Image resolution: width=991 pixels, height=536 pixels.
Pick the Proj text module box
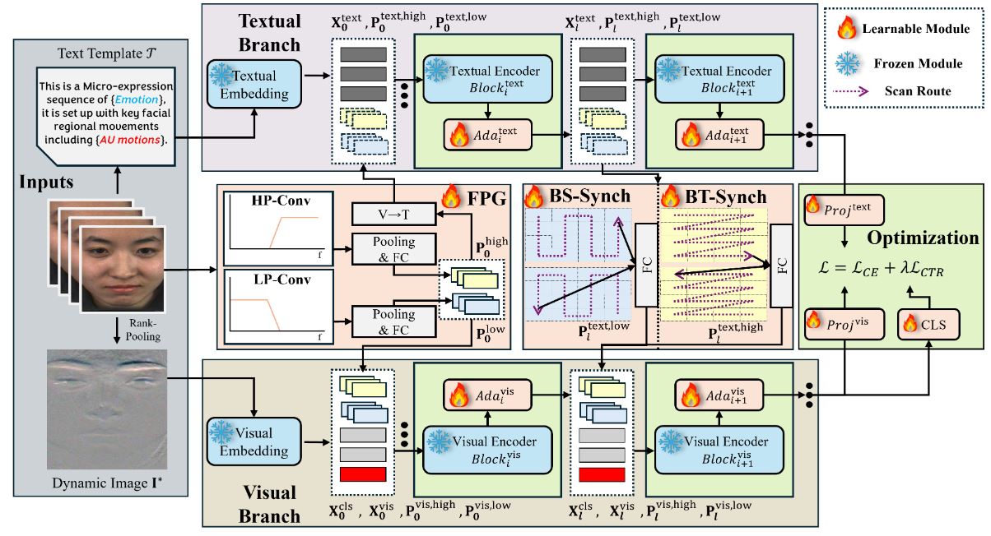pyautogui.click(x=843, y=210)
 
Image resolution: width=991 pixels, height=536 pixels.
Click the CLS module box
pyautogui.click(x=928, y=326)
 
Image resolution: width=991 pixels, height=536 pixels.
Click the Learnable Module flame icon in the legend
pyautogui.click(x=845, y=29)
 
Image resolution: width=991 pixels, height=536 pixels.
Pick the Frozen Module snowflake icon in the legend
pyautogui.click(x=845, y=62)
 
